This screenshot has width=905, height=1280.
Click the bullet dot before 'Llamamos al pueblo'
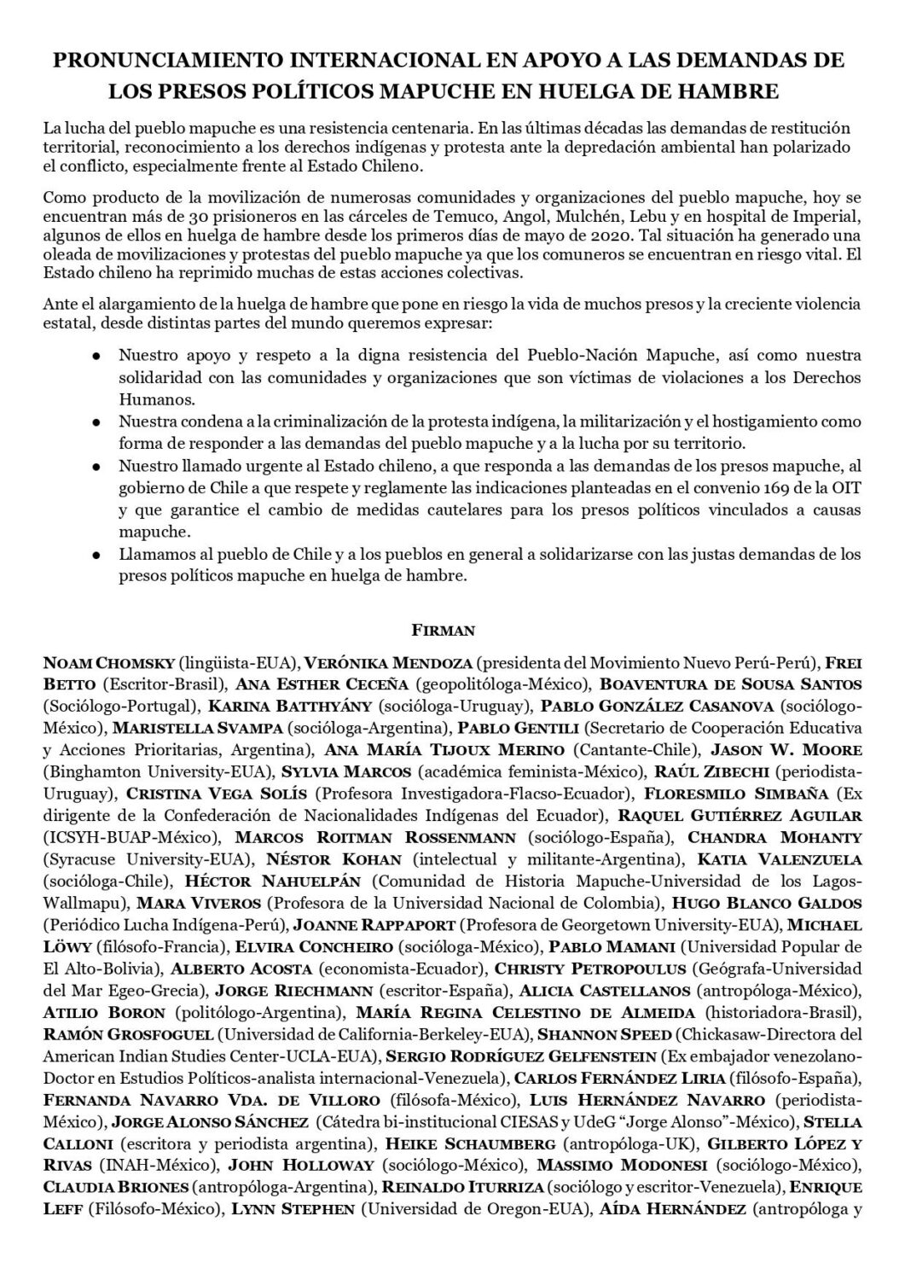pos(97,556)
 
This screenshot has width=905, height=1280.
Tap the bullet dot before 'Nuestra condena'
pos(97,422)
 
